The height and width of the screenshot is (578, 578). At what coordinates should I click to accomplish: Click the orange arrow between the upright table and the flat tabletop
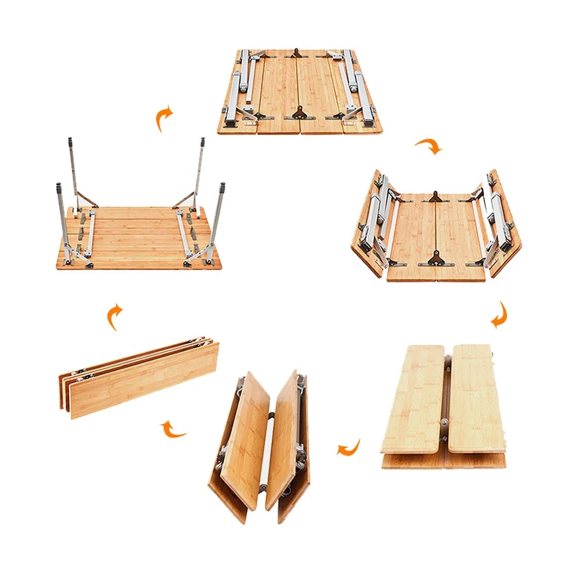[x=165, y=118]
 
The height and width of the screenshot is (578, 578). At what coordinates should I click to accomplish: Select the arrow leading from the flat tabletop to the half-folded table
[x=428, y=146]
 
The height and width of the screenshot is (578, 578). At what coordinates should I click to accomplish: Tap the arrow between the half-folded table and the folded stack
[x=500, y=315]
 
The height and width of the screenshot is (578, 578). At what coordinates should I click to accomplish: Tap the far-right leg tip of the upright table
[x=203, y=140]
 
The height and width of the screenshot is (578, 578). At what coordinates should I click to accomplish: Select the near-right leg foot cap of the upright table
[x=222, y=186]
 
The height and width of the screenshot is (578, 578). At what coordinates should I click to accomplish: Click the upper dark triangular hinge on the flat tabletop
[x=298, y=54]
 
